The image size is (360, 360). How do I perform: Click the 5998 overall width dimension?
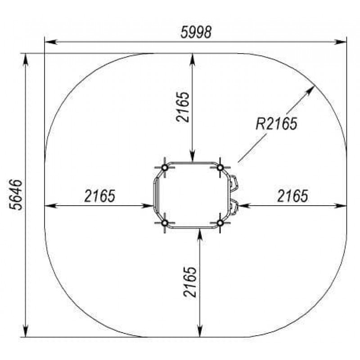pyautogui.click(x=196, y=32)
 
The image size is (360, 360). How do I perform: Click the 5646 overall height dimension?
pyautogui.click(x=16, y=195)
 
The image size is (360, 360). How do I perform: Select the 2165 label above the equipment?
pyautogui.click(x=183, y=107)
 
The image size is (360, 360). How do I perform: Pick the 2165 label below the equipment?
pyautogui.click(x=190, y=282)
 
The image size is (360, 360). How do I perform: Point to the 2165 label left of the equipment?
pyautogui.click(x=99, y=196)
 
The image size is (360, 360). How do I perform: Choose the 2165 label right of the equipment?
pyautogui.click(x=292, y=196)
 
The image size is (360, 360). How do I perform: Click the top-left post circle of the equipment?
pyautogui.click(x=165, y=167)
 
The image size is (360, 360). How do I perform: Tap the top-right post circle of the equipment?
pyautogui.click(x=220, y=167)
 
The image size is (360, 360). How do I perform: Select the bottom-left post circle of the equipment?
pyautogui.click(x=165, y=223)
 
